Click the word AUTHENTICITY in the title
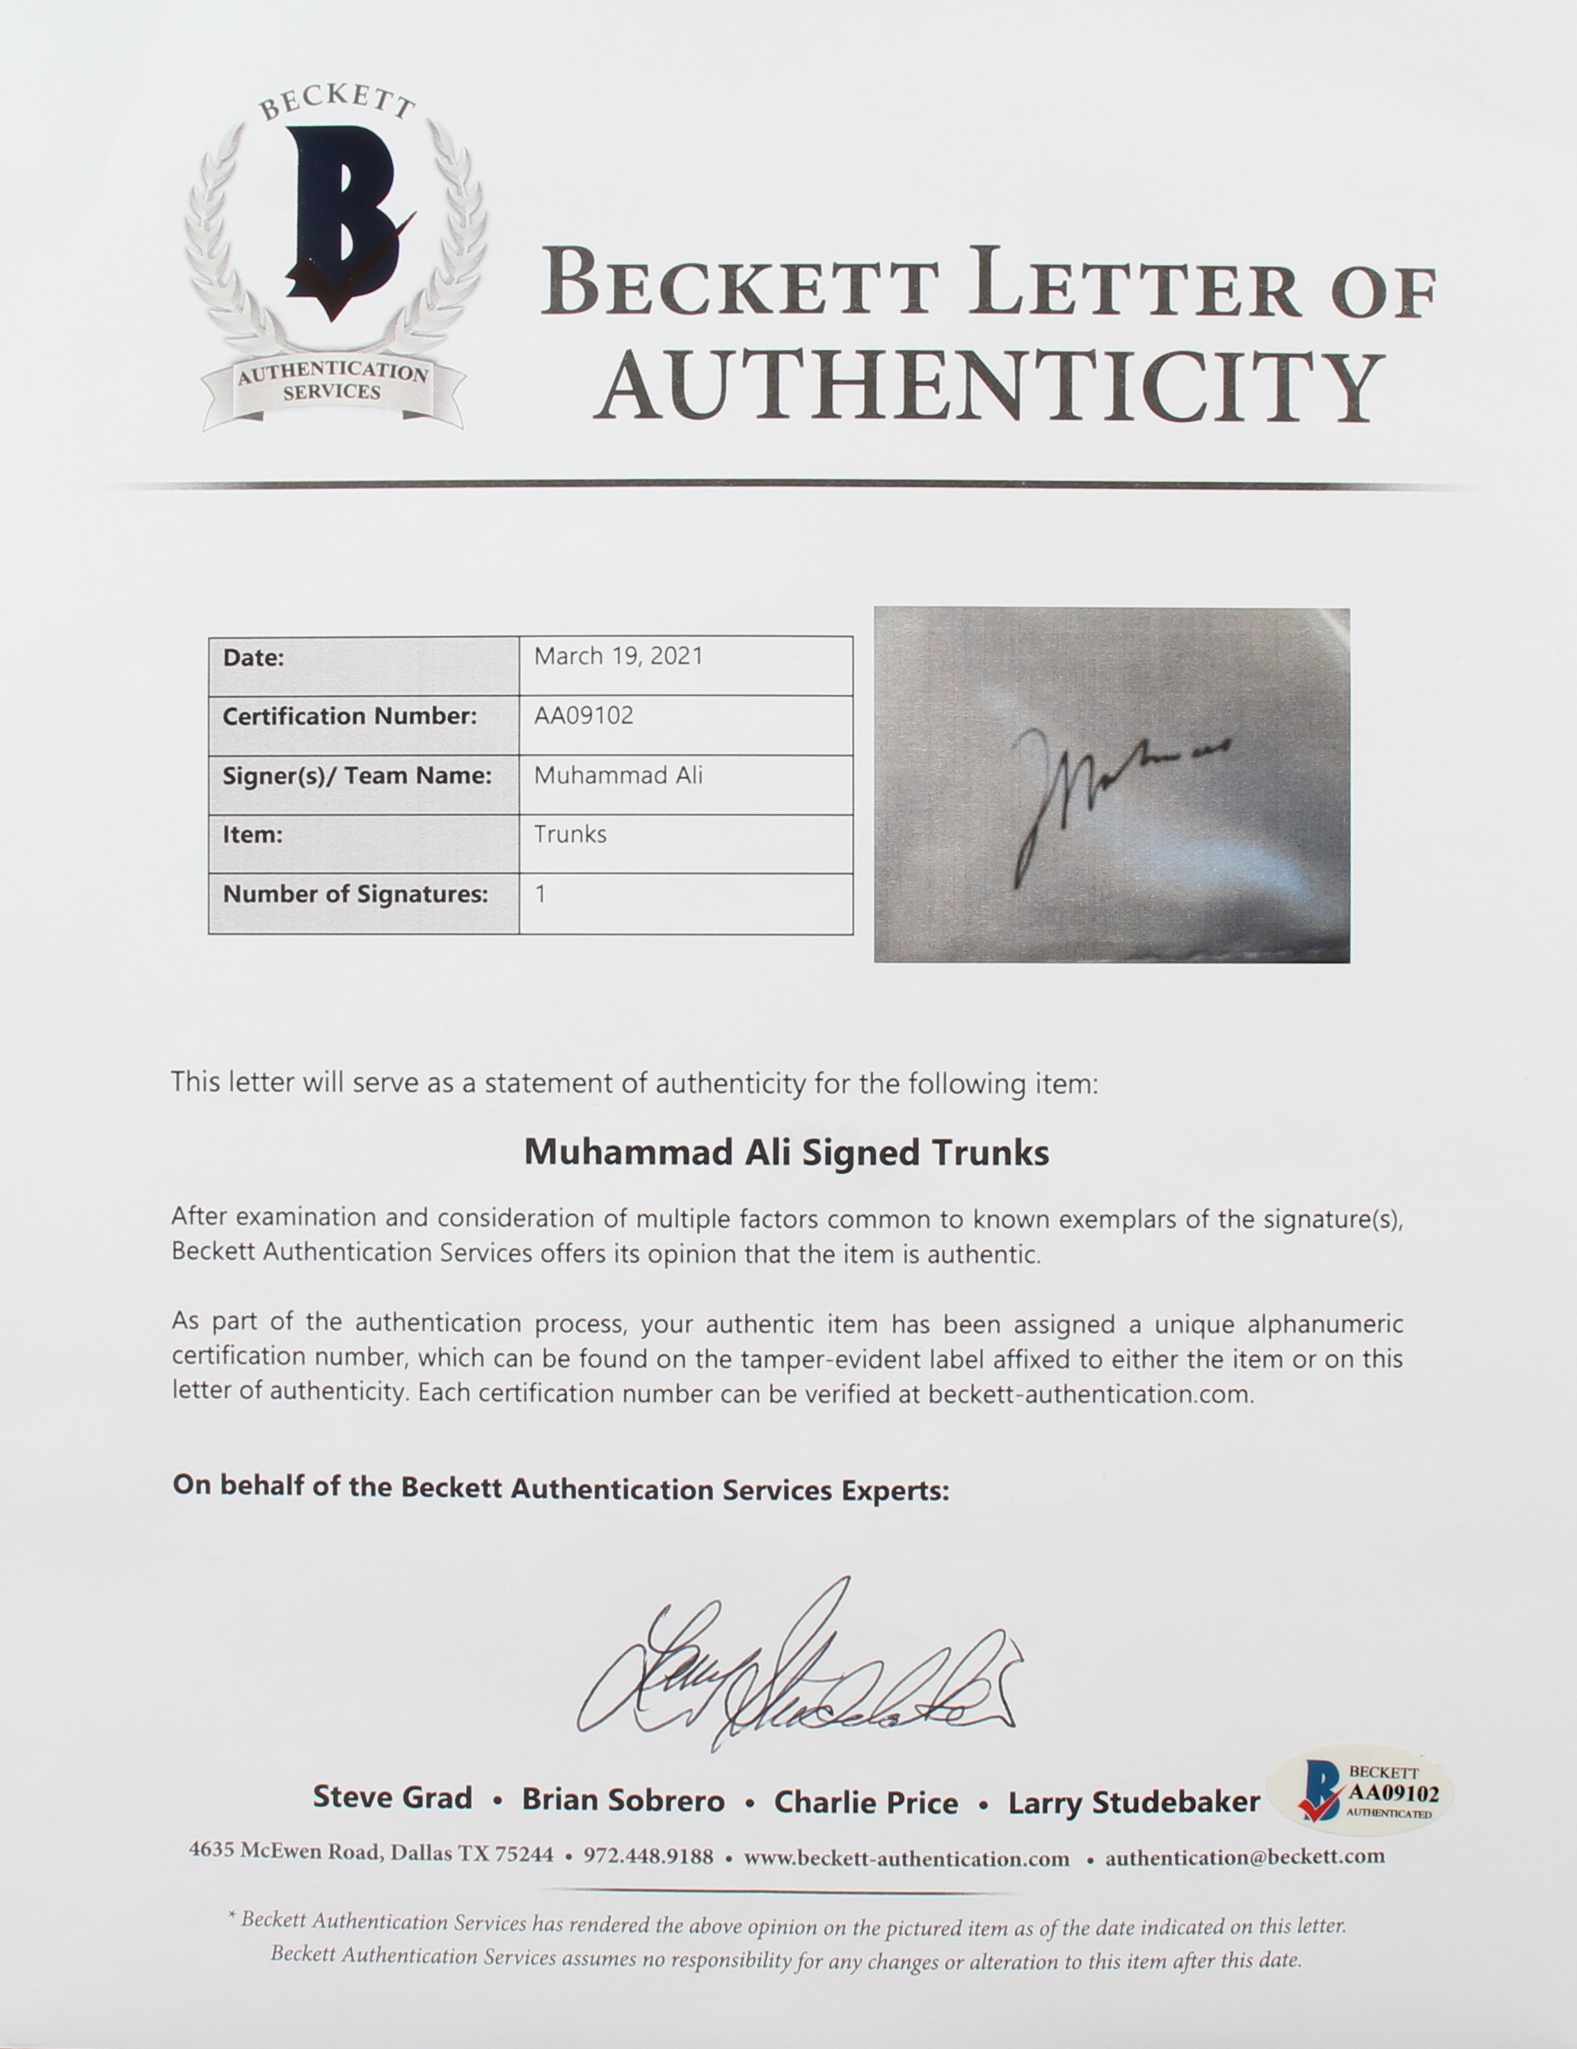click(x=990, y=387)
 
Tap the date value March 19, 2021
click(x=618, y=657)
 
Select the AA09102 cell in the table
click(x=584, y=716)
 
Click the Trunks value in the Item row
click(x=570, y=834)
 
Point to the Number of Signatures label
click(x=355, y=894)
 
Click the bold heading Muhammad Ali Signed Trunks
click(x=786, y=1152)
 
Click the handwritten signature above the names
click(x=797, y=1665)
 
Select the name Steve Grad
click(x=392, y=1797)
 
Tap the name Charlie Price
click(x=866, y=1801)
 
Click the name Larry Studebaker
click(x=1133, y=1802)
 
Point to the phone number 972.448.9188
click(x=648, y=1856)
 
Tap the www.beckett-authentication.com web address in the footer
click(x=906, y=1858)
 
